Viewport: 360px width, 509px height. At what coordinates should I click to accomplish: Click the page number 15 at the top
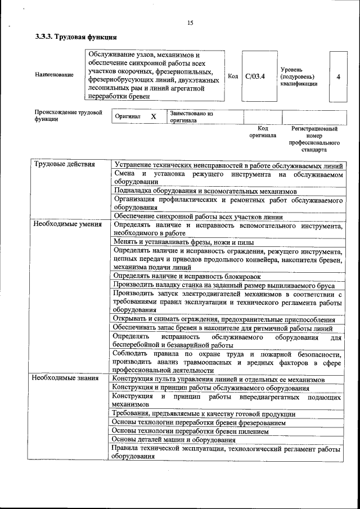coord(190,23)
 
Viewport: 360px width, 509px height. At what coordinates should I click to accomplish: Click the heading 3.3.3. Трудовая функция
coord(76,38)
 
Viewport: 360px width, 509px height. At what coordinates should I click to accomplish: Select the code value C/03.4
coord(255,76)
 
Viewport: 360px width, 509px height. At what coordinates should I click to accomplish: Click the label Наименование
coord(54,75)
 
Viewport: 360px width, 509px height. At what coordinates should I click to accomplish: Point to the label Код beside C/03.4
coord(233,76)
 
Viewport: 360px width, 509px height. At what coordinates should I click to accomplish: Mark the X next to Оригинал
coord(153,116)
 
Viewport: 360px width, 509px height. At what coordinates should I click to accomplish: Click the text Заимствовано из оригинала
coord(191,116)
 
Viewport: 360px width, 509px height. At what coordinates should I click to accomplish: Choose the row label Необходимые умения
coord(67,224)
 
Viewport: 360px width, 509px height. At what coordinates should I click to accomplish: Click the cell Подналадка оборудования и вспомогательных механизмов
coord(205,191)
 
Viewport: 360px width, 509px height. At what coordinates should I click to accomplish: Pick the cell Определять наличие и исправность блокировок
coord(187,276)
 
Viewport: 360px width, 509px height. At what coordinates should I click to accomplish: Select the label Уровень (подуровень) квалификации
coord(298,76)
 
